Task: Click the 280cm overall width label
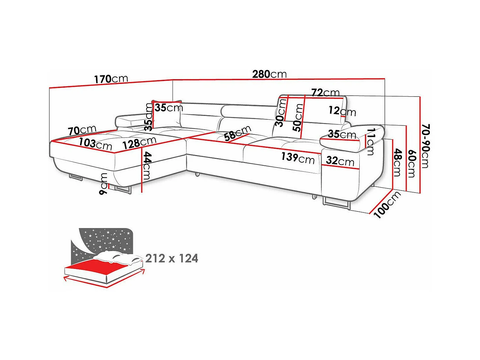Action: pyautogui.click(x=269, y=74)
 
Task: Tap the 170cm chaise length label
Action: pyautogui.click(x=111, y=79)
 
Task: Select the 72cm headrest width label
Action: pyautogui.click(x=325, y=93)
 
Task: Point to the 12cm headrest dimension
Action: pyautogui.click(x=342, y=111)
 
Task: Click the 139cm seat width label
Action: pyautogui.click(x=298, y=158)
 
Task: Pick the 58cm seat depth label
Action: pyautogui.click(x=238, y=133)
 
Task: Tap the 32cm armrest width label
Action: pyautogui.click(x=340, y=161)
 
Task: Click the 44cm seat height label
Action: pyautogui.click(x=147, y=166)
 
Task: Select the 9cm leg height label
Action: pyautogui.click(x=103, y=184)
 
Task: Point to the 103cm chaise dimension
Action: pyautogui.click(x=95, y=144)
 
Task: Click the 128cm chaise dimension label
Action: pyautogui.click(x=139, y=143)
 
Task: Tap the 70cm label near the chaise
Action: pyautogui.click(x=82, y=130)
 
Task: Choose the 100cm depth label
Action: pyautogui.click(x=387, y=205)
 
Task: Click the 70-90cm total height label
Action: pyautogui.click(x=425, y=146)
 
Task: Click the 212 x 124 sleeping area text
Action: pyautogui.click(x=172, y=258)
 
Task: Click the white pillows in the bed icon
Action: pyautogui.click(x=118, y=257)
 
